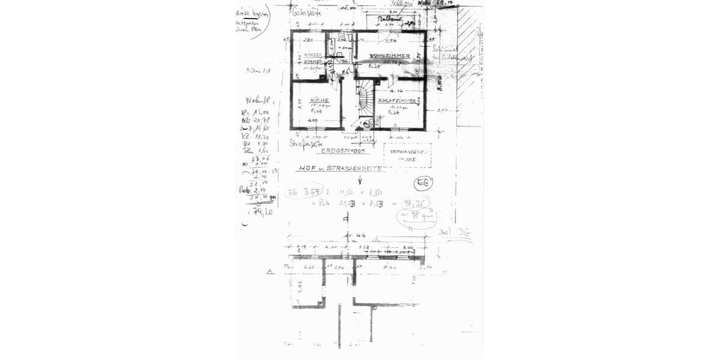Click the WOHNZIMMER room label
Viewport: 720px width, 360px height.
[x=389, y=56]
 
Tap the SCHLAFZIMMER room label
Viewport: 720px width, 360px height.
[x=397, y=101]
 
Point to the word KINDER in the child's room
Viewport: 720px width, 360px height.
[x=313, y=55]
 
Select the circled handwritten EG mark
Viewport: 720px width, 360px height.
[x=422, y=183]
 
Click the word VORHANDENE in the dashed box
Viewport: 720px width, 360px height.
[x=408, y=152]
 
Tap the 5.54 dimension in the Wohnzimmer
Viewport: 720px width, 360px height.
[x=391, y=41]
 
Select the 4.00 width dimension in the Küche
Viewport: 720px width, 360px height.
[x=313, y=120]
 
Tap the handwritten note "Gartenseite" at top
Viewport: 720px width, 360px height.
[x=307, y=12]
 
